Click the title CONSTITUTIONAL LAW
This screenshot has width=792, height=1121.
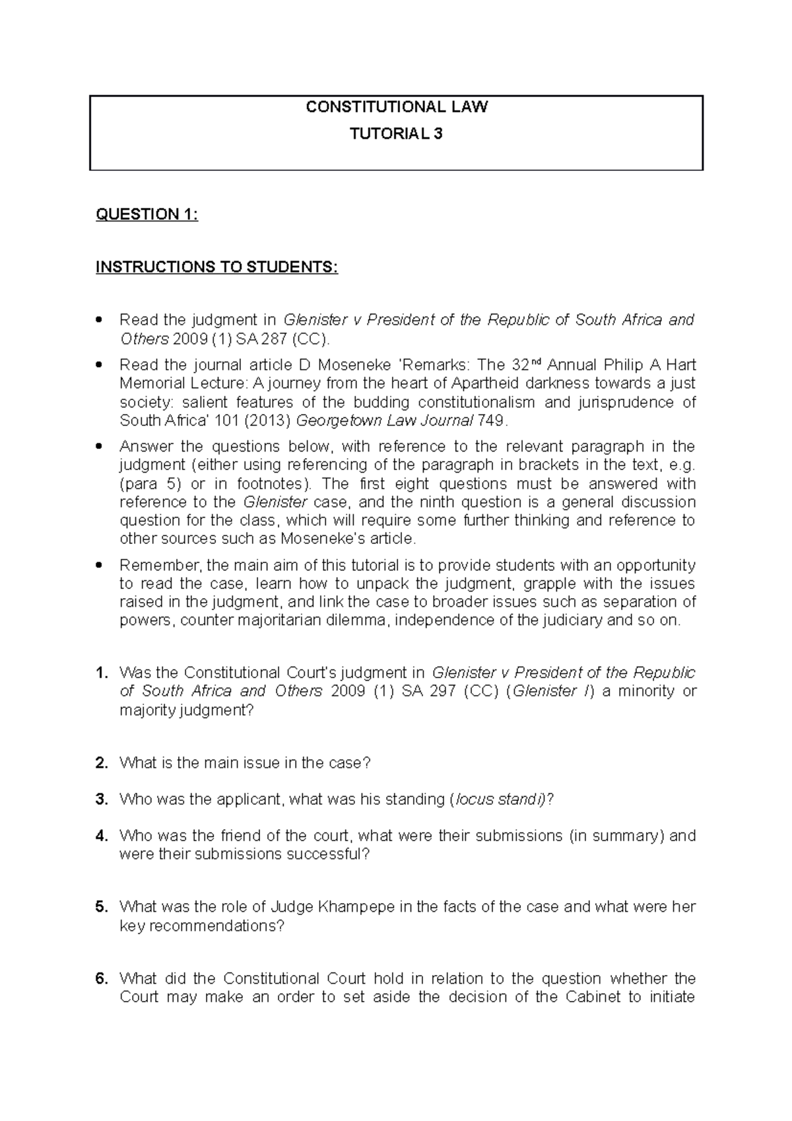(x=396, y=107)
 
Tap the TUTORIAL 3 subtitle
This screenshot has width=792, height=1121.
(x=396, y=134)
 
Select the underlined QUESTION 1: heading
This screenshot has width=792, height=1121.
(x=147, y=215)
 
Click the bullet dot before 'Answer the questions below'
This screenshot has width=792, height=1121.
(x=100, y=447)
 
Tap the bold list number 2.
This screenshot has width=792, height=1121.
(x=101, y=763)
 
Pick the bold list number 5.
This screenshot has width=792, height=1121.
(x=101, y=907)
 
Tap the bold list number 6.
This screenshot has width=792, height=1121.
(x=101, y=978)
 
